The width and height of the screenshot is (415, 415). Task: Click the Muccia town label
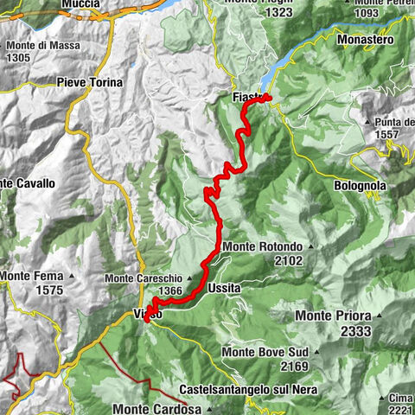pyautogui.click(x=80, y=4)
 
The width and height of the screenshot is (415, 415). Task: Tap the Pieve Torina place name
pyautogui.click(x=89, y=82)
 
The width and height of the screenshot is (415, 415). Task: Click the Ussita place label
pyautogui.click(x=224, y=287)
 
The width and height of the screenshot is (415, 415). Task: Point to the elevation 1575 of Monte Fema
pyautogui.click(x=44, y=290)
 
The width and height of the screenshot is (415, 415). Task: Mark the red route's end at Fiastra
pyautogui.click(x=268, y=97)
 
